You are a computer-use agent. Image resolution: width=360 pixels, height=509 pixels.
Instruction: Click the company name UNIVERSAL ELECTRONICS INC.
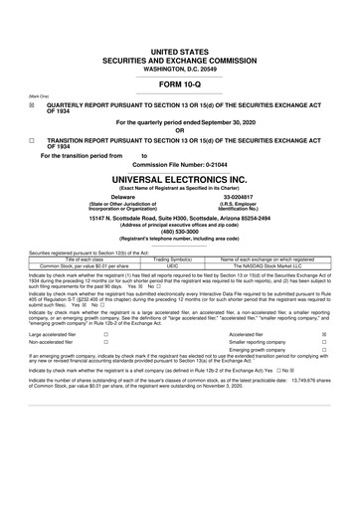click(x=180, y=182)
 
